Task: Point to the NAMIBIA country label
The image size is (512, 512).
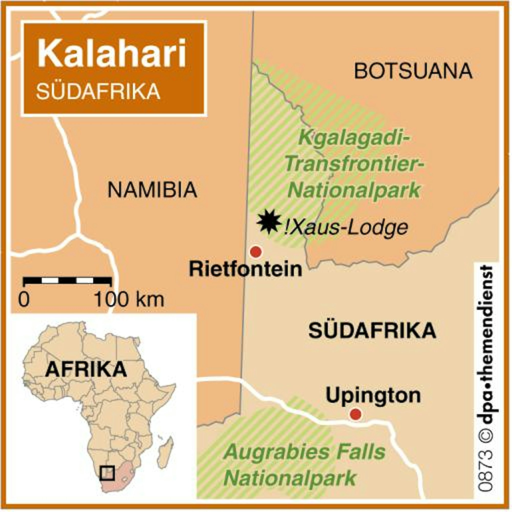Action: (152, 190)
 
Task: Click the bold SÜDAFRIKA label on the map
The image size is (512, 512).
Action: (372, 331)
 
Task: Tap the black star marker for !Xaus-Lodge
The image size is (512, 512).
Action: (269, 221)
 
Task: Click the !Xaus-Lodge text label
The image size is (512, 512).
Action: (346, 228)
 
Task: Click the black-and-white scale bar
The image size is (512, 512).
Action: (67, 281)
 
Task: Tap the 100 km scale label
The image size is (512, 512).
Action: (129, 300)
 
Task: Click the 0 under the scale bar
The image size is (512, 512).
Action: (24, 300)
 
